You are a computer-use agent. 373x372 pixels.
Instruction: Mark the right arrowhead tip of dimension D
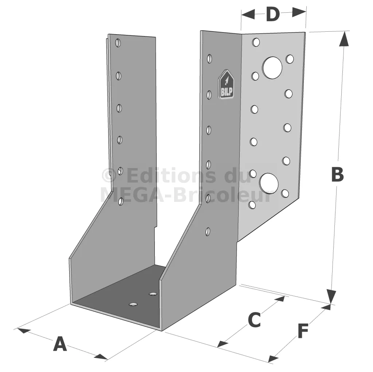click(x=306, y=12)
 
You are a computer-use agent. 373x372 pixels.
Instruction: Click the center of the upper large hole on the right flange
click(x=272, y=68)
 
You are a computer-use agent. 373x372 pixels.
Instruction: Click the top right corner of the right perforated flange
click(x=305, y=32)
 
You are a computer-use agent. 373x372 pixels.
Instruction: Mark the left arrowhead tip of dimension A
click(x=17, y=329)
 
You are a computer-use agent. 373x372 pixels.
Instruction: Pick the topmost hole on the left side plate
click(x=118, y=43)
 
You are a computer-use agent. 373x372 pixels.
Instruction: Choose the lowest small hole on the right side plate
click(x=208, y=232)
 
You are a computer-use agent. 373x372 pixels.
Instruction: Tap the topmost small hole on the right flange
click(x=256, y=42)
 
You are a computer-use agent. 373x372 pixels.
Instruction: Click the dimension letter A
click(x=60, y=344)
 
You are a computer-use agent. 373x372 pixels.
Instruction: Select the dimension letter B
click(x=338, y=174)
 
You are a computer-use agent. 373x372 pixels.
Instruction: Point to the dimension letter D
click(x=272, y=14)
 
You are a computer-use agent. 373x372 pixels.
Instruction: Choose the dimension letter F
click(x=303, y=331)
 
